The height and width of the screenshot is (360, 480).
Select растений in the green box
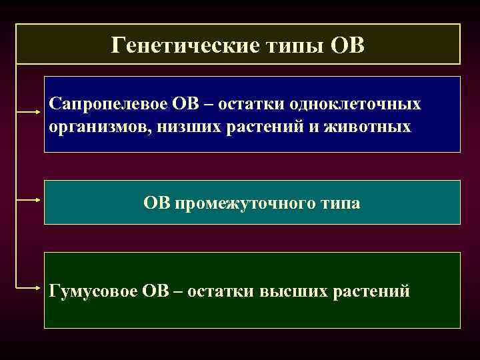click(372, 291)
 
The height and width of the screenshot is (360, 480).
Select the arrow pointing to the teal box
click(29, 199)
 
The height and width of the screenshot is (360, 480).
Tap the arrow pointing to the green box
click(29, 288)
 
